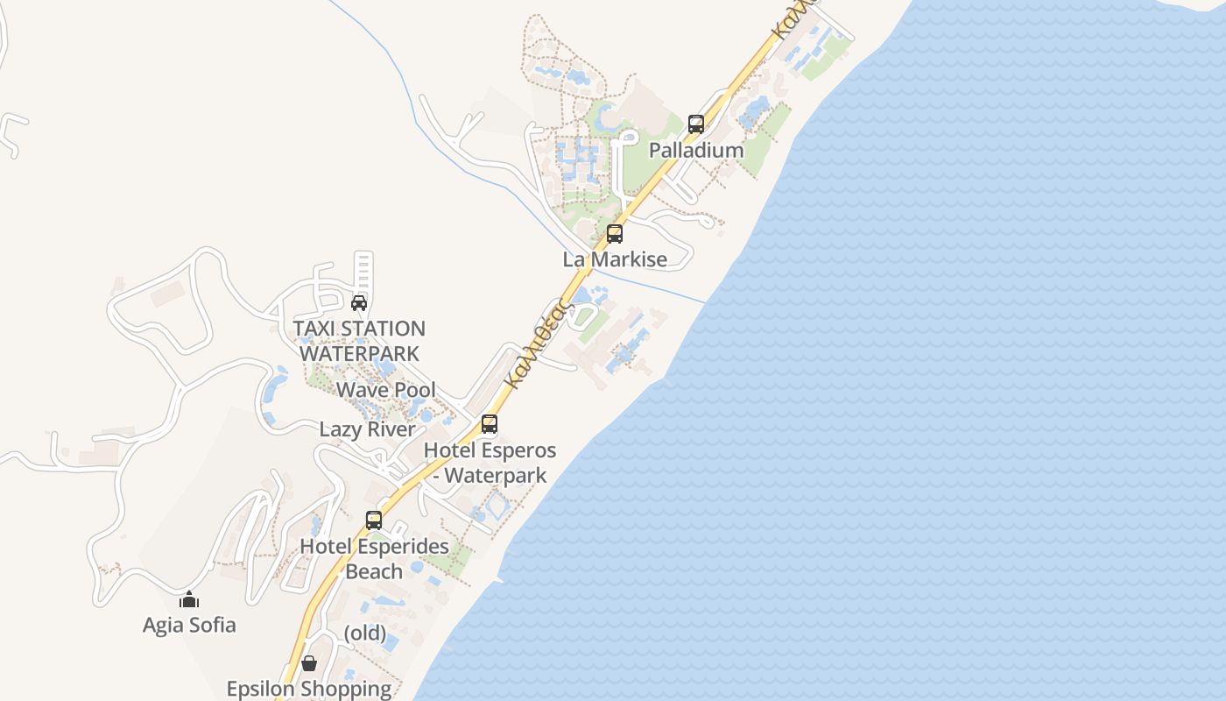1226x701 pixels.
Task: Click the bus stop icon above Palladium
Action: [x=696, y=124]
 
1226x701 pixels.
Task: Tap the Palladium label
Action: [x=696, y=150]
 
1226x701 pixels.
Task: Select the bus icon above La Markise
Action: [x=615, y=234]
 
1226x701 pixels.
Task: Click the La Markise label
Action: [x=615, y=259]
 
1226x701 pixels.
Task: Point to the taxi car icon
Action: [x=359, y=303]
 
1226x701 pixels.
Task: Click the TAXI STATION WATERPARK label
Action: [x=359, y=341]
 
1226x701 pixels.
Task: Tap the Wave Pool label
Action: [x=386, y=390]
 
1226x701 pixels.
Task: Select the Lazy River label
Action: [x=367, y=429]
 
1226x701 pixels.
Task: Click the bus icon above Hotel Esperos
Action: [x=490, y=424]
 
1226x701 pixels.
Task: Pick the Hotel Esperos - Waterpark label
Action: [x=490, y=463]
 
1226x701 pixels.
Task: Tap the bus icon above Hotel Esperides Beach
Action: [x=374, y=520]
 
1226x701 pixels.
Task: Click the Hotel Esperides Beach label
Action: [x=374, y=558]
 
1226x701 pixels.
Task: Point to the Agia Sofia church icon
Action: [x=189, y=600]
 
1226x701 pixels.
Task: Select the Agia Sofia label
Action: [x=189, y=625]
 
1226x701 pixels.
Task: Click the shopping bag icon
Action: [x=308, y=663]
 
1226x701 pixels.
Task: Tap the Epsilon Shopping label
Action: [x=309, y=689]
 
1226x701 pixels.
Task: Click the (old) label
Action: [x=364, y=632]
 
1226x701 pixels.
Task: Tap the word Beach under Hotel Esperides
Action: [x=374, y=571]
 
